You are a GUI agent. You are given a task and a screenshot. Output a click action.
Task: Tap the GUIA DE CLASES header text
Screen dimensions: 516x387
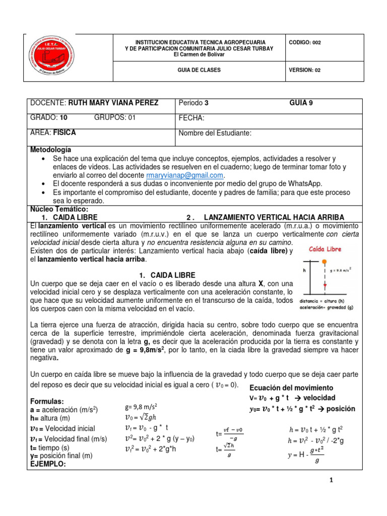point(200,71)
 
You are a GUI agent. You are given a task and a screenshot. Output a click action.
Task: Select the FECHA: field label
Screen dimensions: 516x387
point(191,118)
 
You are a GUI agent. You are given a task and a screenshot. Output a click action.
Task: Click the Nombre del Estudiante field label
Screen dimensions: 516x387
point(215,133)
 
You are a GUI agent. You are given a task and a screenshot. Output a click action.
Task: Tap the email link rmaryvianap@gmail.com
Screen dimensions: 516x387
point(184,175)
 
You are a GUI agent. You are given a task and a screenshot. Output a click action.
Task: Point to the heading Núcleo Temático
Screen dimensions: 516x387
point(59,209)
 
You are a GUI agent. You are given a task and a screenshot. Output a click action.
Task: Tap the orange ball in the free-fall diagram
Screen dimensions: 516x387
point(325,262)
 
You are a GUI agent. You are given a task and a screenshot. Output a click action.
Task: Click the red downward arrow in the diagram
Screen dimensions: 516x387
point(325,285)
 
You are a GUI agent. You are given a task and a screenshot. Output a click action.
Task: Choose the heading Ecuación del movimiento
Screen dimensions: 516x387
point(291,388)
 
